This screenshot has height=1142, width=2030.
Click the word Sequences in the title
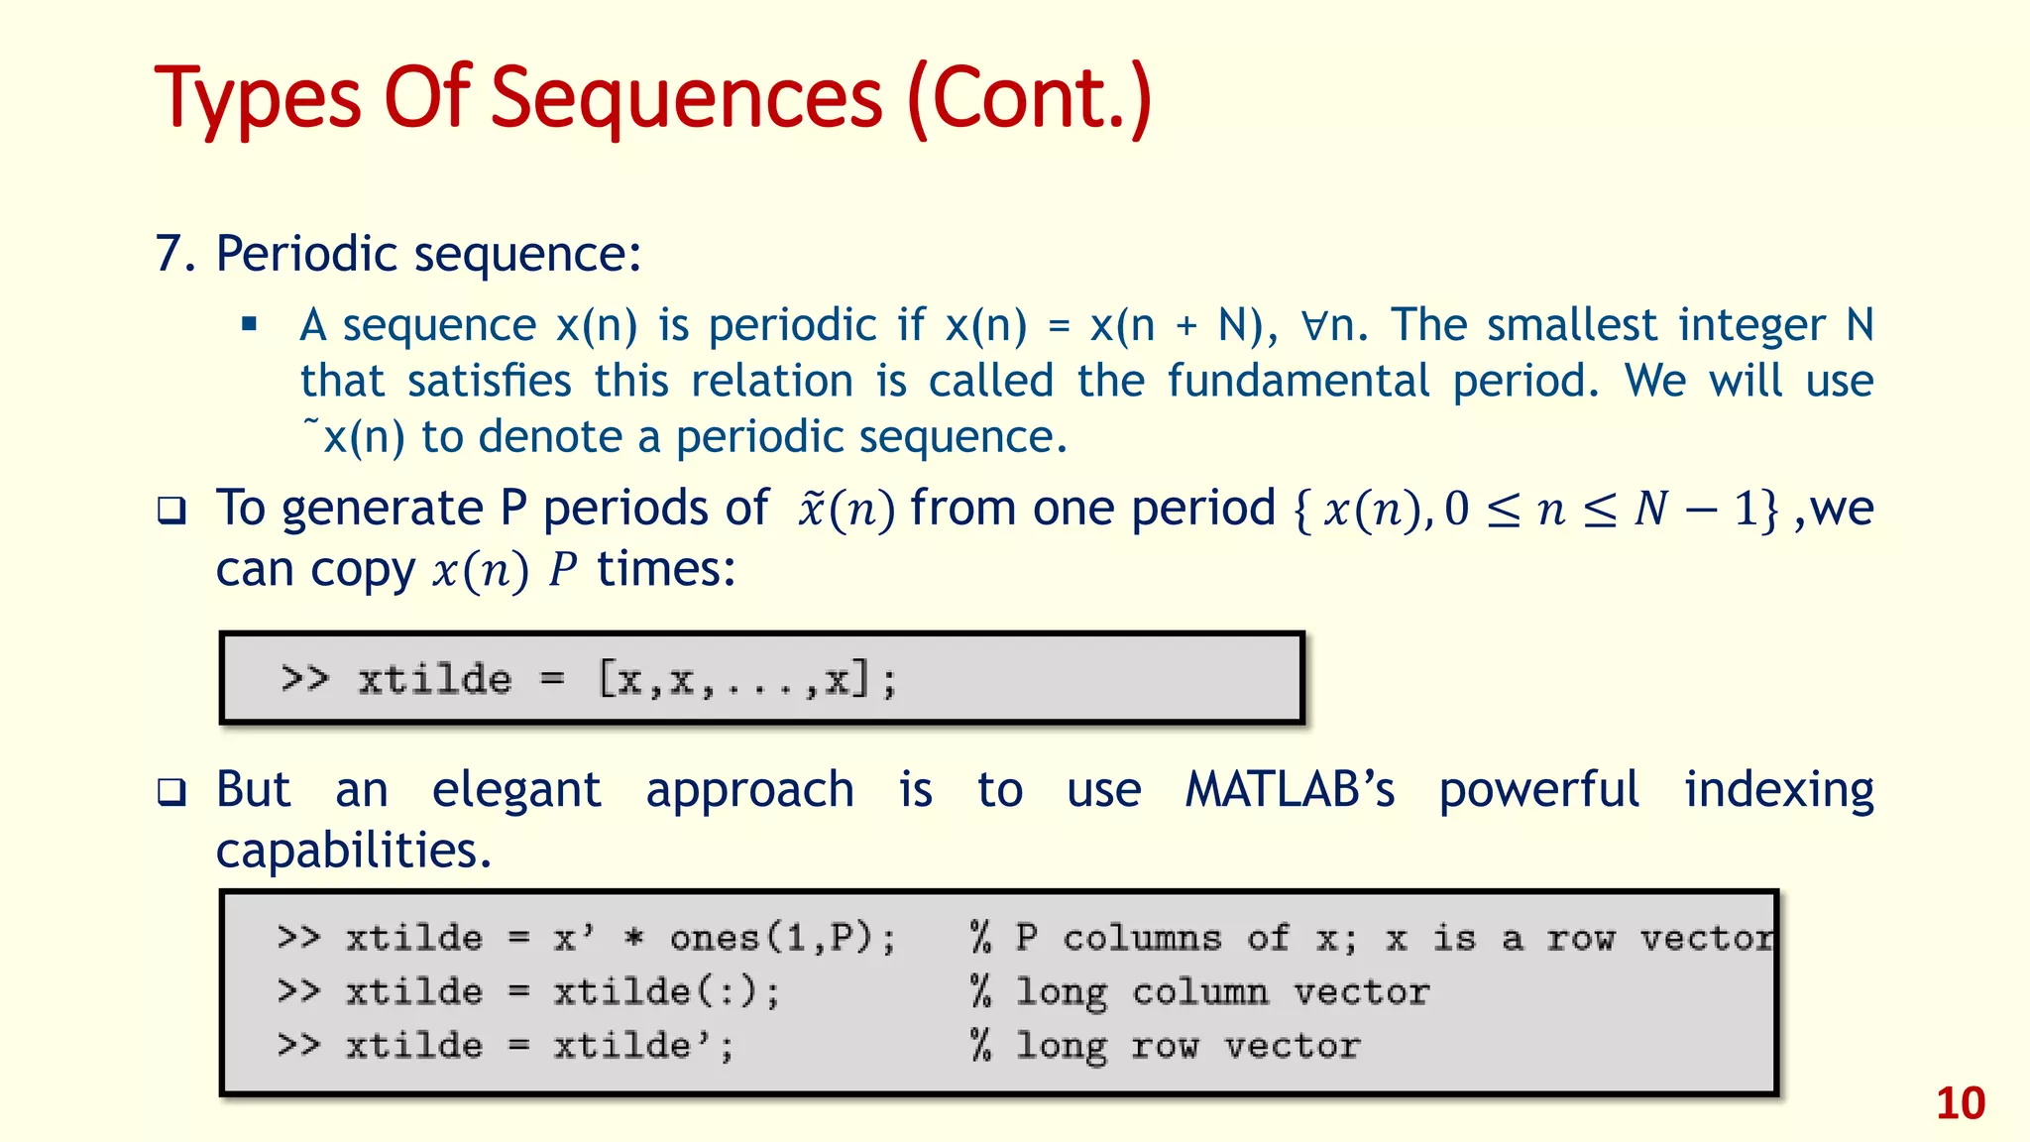click(x=686, y=99)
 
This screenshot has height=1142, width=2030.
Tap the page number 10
click(x=1960, y=1103)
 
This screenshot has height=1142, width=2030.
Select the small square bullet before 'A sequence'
click(x=250, y=324)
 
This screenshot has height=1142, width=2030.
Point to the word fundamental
click(x=1297, y=381)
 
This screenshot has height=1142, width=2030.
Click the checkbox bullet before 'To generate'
click(x=171, y=511)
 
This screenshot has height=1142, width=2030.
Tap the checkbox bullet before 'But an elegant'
click(x=171, y=792)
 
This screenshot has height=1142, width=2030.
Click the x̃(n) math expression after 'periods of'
click(x=846, y=510)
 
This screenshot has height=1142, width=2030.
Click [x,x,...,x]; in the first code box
click(x=747, y=680)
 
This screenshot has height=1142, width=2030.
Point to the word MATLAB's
click(x=1290, y=790)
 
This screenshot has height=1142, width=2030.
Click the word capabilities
click(x=353, y=851)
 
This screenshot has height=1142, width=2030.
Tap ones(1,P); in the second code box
click(x=782, y=938)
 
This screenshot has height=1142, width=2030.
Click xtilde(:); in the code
click(x=666, y=992)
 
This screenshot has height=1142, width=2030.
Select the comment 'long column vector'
click(x=1222, y=992)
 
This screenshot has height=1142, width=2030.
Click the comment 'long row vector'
click(x=1187, y=1046)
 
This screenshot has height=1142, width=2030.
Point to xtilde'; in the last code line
click(x=643, y=1046)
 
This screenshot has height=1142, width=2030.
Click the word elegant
click(x=516, y=790)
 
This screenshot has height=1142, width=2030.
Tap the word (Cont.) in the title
click(x=1029, y=99)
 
